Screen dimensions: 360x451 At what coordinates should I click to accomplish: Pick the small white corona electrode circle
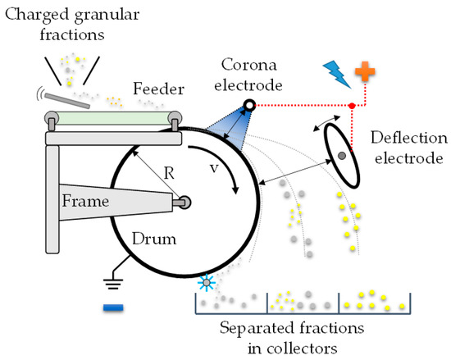click(x=248, y=104)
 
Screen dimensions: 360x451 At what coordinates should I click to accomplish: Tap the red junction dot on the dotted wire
click(x=353, y=106)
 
